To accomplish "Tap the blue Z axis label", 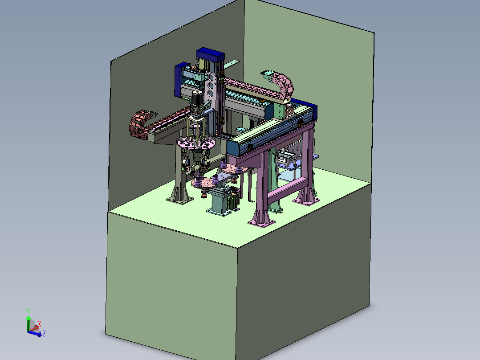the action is pyautogui.click(x=44, y=334).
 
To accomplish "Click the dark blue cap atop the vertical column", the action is pyautogui.click(x=210, y=54).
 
